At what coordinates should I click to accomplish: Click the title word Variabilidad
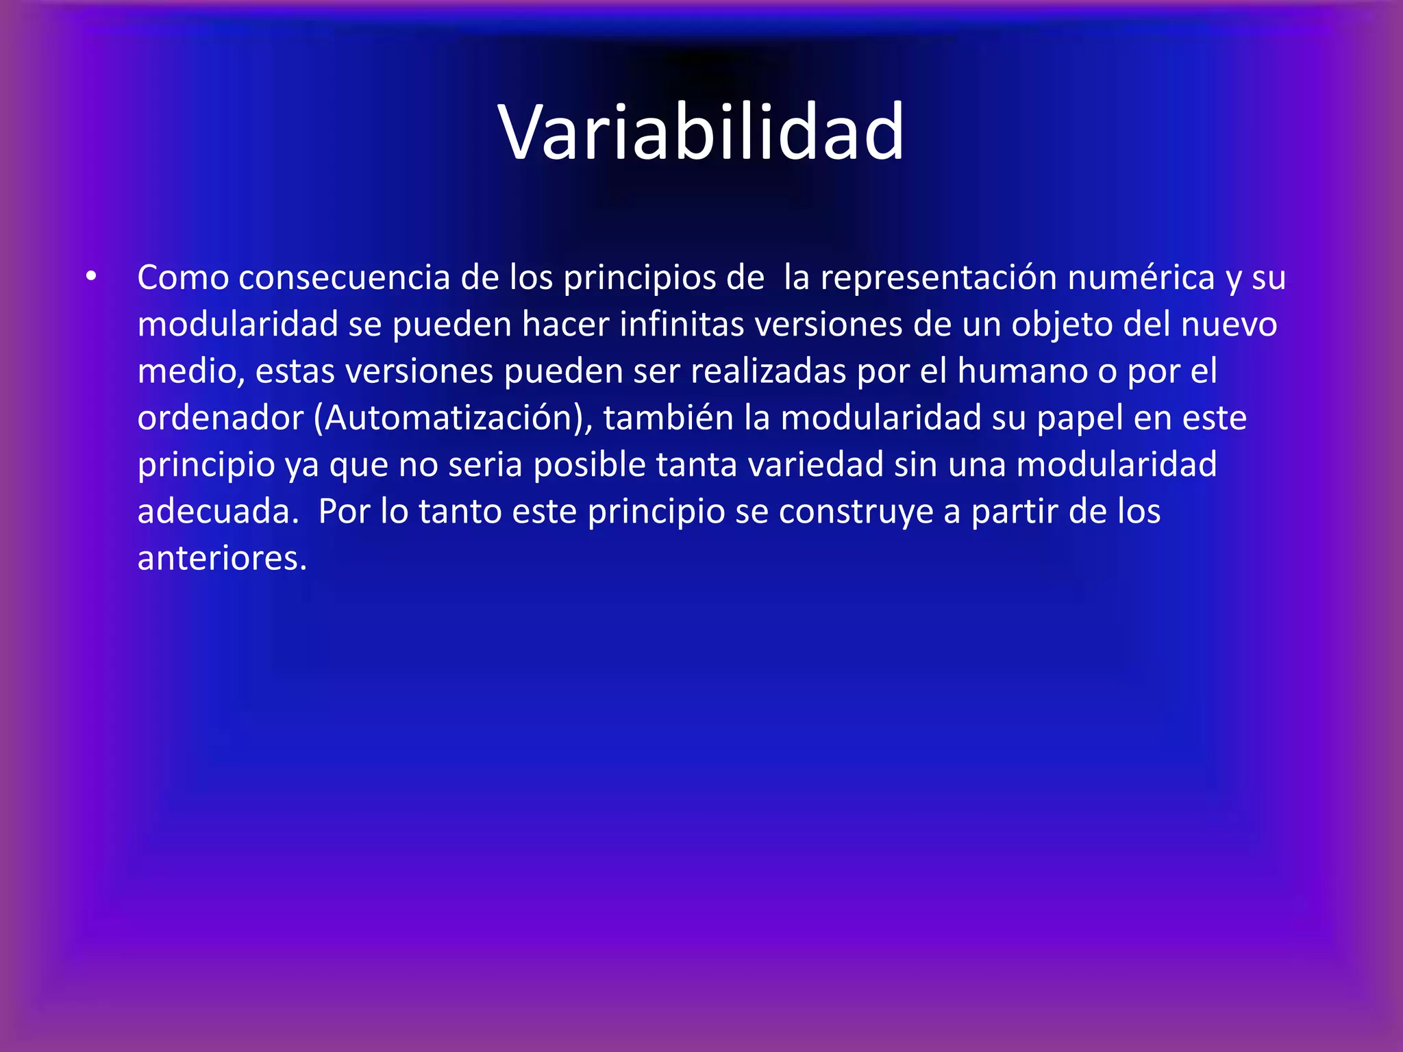click(701, 131)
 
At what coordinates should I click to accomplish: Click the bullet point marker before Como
click(91, 277)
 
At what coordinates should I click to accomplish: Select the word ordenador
click(220, 418)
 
